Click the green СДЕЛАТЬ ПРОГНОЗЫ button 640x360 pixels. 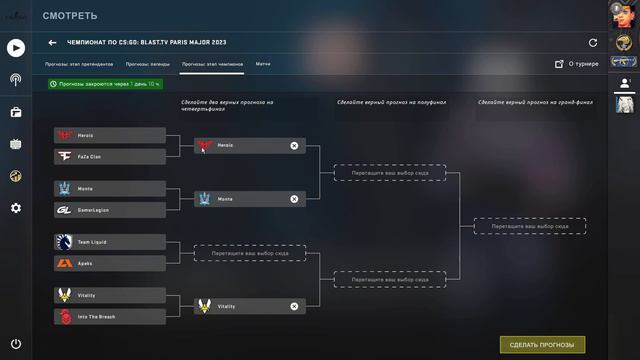[x=542, y=344]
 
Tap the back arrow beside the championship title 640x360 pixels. [x=52, y=43]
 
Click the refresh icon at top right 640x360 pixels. [x=593, y=43]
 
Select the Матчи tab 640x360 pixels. [x=263, y=63]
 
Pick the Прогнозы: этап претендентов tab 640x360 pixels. [x=79, y=63]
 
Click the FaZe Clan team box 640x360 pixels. [x=109, y=157]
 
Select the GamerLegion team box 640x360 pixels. [x=109, y=210]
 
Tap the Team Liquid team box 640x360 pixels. [x=109, y=243]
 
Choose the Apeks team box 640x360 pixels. [x=109, y=263]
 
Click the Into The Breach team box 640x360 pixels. [x=109, y=316]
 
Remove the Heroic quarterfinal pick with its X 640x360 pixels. [x=294, y=146]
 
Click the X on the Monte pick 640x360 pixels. [x=294, y=199]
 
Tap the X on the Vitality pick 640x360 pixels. [x=294, y=306]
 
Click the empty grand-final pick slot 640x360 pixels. [x=529, y=227]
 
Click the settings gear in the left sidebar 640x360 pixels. [x=16, y=208]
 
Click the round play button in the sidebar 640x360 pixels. [x=16, y=47]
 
